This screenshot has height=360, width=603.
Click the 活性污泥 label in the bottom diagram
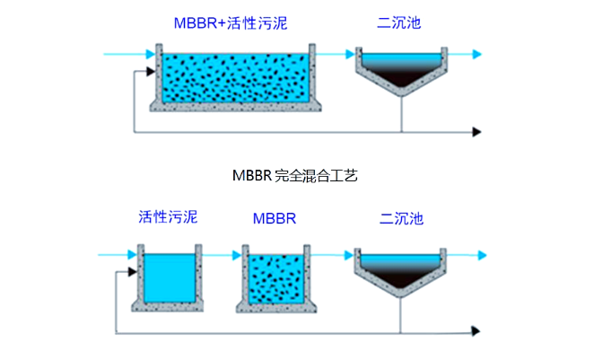pos(167,216)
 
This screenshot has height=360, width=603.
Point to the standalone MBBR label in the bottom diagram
pos(274,218)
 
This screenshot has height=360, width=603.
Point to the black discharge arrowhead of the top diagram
pos(477,132)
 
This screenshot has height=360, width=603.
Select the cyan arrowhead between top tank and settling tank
pos(348,55)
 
